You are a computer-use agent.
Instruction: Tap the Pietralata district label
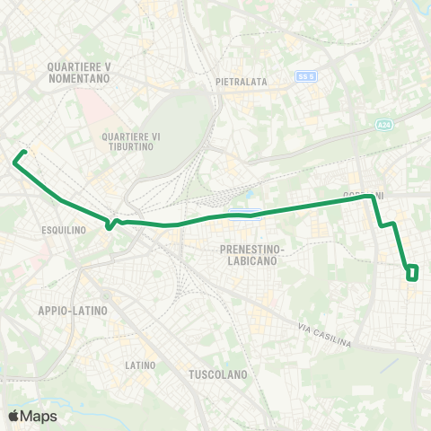click(x=242, y=82)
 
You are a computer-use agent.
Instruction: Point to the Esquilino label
click(x=64, y=230)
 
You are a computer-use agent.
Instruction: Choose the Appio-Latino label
click(x=73, y=311)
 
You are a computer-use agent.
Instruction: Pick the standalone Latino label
click(x=141, y=365)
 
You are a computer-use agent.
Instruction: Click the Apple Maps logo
click(x=32, y=416)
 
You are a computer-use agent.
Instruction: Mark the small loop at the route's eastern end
click(x=412, y=272)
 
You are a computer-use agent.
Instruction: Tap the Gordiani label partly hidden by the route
click(x=363, y=195)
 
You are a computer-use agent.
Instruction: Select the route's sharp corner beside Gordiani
click(x=373, y=199)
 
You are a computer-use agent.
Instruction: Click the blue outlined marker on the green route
click(x=244, y=213)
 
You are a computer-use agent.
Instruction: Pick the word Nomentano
click(x=80, y=79)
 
